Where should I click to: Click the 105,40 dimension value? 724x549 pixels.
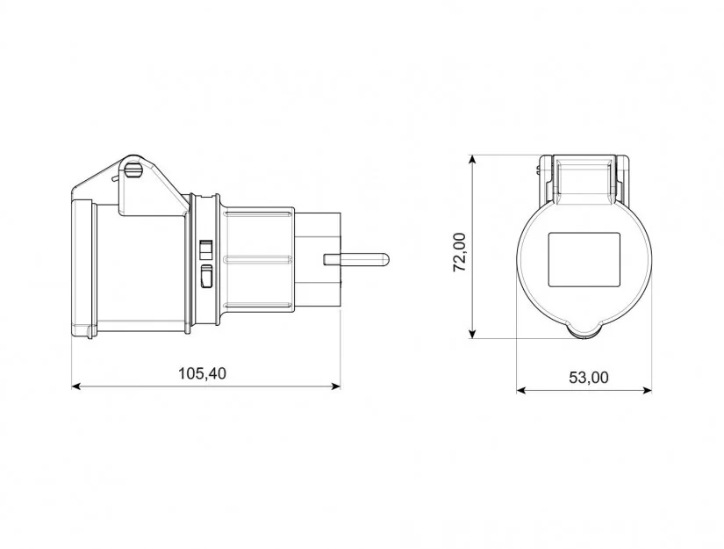tap(202, 373)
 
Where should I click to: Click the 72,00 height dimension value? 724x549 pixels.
tap(460, 252)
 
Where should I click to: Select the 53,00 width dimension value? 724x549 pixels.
tap(588, 378)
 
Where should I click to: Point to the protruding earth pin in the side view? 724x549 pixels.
tap(356, 259)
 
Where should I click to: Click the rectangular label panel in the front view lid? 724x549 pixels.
tap(584, 260)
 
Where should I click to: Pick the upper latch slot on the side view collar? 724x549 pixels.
tap(205, 249)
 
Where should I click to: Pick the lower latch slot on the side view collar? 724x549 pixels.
tap(206, 276)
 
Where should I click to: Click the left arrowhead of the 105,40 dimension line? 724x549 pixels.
tap(76, 386)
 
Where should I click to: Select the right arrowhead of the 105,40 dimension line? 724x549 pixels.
tap(336, 386)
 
